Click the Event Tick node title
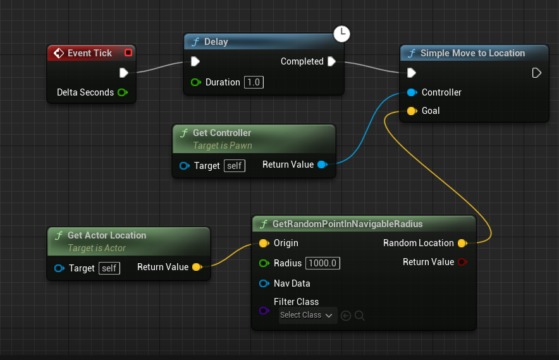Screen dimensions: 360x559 click(x=89, y=53)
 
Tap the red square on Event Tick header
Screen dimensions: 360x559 click(x=128, y=53)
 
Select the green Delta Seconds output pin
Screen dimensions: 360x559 click(x=122, y=92)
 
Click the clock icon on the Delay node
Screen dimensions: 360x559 click(x=341, y=33)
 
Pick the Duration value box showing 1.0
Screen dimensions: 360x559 click(x=254, y=82)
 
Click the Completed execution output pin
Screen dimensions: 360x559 click(x=331, y=61)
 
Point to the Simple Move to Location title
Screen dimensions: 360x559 click(x=472, y=53)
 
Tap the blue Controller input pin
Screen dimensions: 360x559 click(x=412, y=92)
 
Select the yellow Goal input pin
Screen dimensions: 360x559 click(x=412, y=111)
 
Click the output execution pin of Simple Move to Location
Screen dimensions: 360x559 click(x=536, y=73)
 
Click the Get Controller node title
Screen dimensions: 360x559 click(x=221, y=133)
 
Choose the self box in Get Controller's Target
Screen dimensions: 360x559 click(x=235, y=166)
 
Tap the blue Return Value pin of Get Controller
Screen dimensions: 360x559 click(x=322, y=164)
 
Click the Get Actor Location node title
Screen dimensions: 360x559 click(x=106, y=235)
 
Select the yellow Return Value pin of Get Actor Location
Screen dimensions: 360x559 click(x=197, y=267)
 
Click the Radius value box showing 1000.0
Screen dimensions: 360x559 click(x=322, y=263)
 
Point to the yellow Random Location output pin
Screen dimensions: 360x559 click(x=462, y=243)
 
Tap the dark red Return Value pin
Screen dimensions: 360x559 click(x=462, y=262)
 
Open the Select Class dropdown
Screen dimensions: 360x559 click(x=307, y=315)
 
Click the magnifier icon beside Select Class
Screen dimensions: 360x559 click(x=359, y=315)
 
